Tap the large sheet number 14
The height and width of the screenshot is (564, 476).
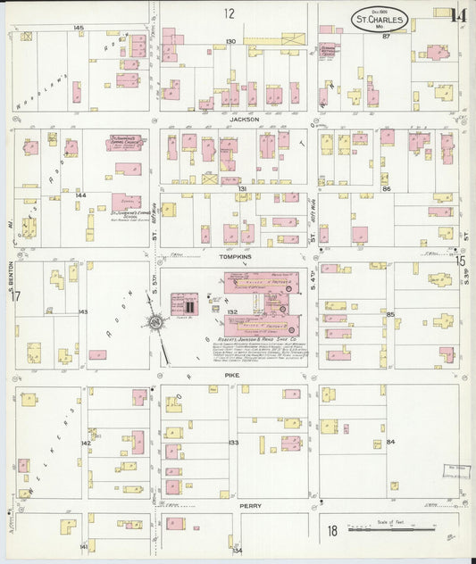click(x=459, y=14)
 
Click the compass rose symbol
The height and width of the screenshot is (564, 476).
click(x=155, y=322)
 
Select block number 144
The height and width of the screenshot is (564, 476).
click(x=80, y=194)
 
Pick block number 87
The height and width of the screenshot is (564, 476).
click(x=386, y=37)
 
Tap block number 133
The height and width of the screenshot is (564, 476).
click(x=233, y=443)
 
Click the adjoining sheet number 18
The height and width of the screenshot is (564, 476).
click(x=332, y=532)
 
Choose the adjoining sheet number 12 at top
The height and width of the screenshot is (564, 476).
click(x=230, y=12)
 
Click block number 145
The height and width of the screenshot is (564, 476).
click(x=79, y=29)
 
